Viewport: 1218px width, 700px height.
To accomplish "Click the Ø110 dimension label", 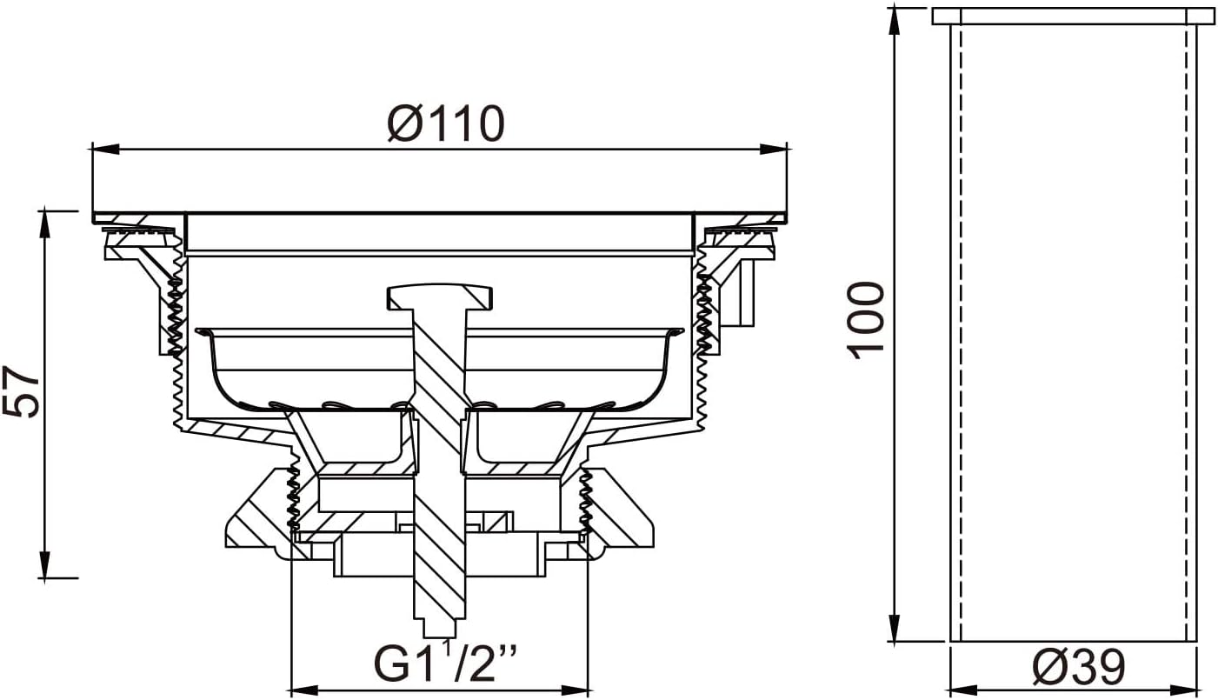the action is pyautogui.click(x=446, y=123).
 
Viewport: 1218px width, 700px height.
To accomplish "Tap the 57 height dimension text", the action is pyautogui.click(x=21, y=391).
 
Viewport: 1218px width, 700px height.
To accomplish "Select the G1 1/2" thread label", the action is pyautogui.click(x=446, y=663).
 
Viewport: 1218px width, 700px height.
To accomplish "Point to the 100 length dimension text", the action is pyautogui.click(x=866, y=320).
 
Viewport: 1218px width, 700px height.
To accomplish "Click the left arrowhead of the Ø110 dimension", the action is pyautogui.click(x=105, y=149).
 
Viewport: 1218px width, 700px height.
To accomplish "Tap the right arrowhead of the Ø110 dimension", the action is pyautogui.click(x=773, y=149).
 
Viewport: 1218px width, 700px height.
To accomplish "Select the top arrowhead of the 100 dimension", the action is pyautogui.click(x=894, y=22).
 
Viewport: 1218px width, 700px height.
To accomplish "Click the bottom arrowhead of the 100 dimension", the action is pyautogui.click(x=894, y=628).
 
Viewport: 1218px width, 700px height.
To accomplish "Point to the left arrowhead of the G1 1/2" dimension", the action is pyautogui.click(x=306, y=690).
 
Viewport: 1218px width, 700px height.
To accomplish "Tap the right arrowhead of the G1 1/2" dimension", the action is pyautogui.click(x=575, y=690).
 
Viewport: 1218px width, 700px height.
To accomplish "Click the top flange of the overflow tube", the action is pyautogui.click(x=1072, y=17).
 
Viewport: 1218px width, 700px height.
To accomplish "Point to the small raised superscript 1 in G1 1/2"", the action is pyautogui.click(x=447, y=650).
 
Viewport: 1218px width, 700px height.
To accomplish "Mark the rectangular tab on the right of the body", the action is pyautogui.click(x=744, y=293).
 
